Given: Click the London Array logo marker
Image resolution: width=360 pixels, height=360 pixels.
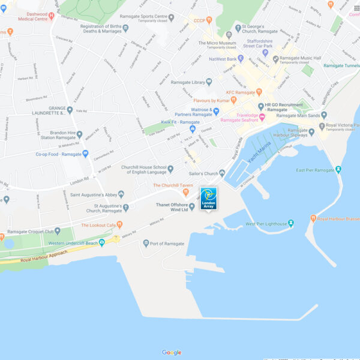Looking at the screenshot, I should [208, 198].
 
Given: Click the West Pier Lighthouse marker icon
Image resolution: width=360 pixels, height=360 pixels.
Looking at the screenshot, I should [291, 223].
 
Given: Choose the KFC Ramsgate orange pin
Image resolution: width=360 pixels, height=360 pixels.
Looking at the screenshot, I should [259, 92].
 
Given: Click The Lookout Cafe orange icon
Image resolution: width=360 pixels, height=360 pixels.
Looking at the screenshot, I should [119, 224].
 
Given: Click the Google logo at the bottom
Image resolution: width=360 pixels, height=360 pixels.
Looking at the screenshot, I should [172, 352].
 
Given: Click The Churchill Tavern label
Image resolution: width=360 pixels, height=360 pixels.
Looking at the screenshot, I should [173, 185].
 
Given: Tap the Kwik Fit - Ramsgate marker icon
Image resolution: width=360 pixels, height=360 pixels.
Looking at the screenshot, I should [193, 128].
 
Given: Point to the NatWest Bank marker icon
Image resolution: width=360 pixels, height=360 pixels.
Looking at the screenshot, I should [241, 59].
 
